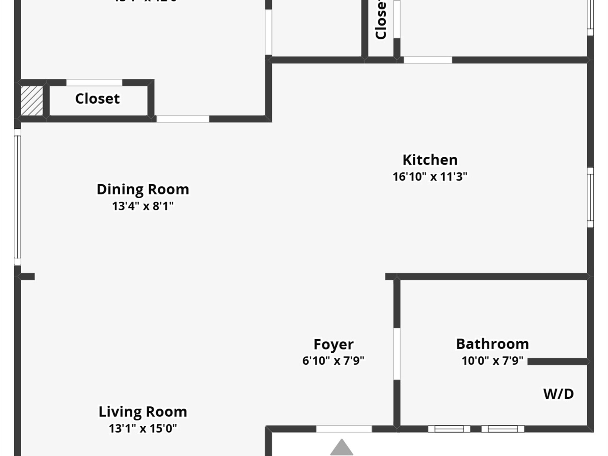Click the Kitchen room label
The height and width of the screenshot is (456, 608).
(430, 160)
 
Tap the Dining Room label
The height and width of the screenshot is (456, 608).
(143, 189)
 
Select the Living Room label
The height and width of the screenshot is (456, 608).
(143, 412)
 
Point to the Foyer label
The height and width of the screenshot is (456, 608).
(333, 344)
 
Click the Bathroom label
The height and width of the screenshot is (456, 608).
(492, 344)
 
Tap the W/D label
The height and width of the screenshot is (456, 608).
(558, 394)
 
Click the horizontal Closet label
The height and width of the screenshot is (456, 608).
(97, 99)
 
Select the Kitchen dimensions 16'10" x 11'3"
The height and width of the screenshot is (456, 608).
(430, 177)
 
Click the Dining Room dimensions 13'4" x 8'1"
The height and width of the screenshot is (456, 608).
(143, 206)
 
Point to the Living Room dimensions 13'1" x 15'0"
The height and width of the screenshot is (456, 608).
(143, 428)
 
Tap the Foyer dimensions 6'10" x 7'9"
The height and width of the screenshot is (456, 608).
(333, 361)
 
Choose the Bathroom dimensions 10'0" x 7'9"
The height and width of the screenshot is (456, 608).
(492, 361)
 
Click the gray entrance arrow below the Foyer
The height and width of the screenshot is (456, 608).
(342, 447)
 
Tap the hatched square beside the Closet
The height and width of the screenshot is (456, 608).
(32, 100)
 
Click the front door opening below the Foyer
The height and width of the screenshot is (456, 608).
(344, 429)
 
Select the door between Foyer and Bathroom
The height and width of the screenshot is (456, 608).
(397, 354)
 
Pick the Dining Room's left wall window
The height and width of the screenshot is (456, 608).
(18, 197)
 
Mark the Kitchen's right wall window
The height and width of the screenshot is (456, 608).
(590, 197)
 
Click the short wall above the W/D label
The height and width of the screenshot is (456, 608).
(558, 362)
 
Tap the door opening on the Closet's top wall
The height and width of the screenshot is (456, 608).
(94, 83)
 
